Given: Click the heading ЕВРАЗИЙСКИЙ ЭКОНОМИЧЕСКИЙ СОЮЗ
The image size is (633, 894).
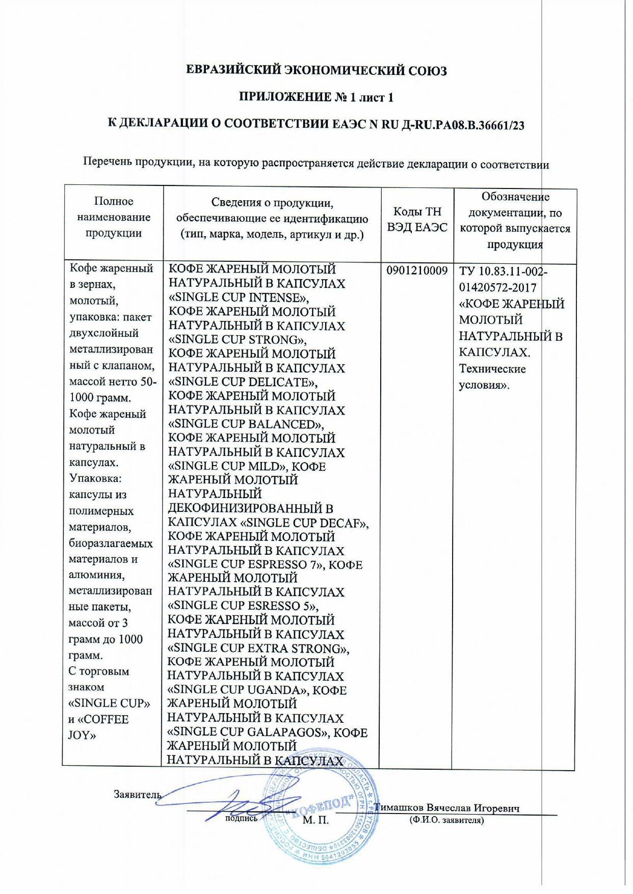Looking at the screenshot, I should [316, 70].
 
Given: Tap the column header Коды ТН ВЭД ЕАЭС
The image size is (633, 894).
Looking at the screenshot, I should [417, 220].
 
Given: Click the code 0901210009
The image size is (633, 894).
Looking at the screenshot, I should [417, 270].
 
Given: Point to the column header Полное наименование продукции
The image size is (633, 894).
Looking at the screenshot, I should [114, 217].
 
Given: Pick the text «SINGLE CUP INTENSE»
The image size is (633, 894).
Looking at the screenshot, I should [238, 297].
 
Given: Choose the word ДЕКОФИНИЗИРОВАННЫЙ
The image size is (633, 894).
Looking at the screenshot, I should [250, 508].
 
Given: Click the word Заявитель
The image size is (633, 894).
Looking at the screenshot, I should [137, 794].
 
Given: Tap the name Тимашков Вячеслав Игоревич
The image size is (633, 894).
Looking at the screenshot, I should [447, 808].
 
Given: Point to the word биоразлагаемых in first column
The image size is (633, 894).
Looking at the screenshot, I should [111, 543].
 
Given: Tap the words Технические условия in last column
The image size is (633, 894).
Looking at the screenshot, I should [492, 376].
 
